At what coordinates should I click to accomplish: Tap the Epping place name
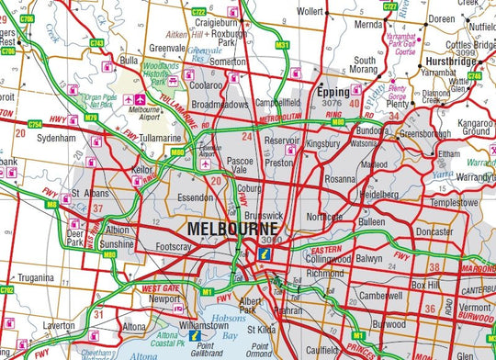[332, 93]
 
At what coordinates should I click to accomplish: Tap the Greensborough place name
[425, 132]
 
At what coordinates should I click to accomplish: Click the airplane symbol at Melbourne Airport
[140, 98]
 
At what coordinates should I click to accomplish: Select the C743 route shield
[96, 43]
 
